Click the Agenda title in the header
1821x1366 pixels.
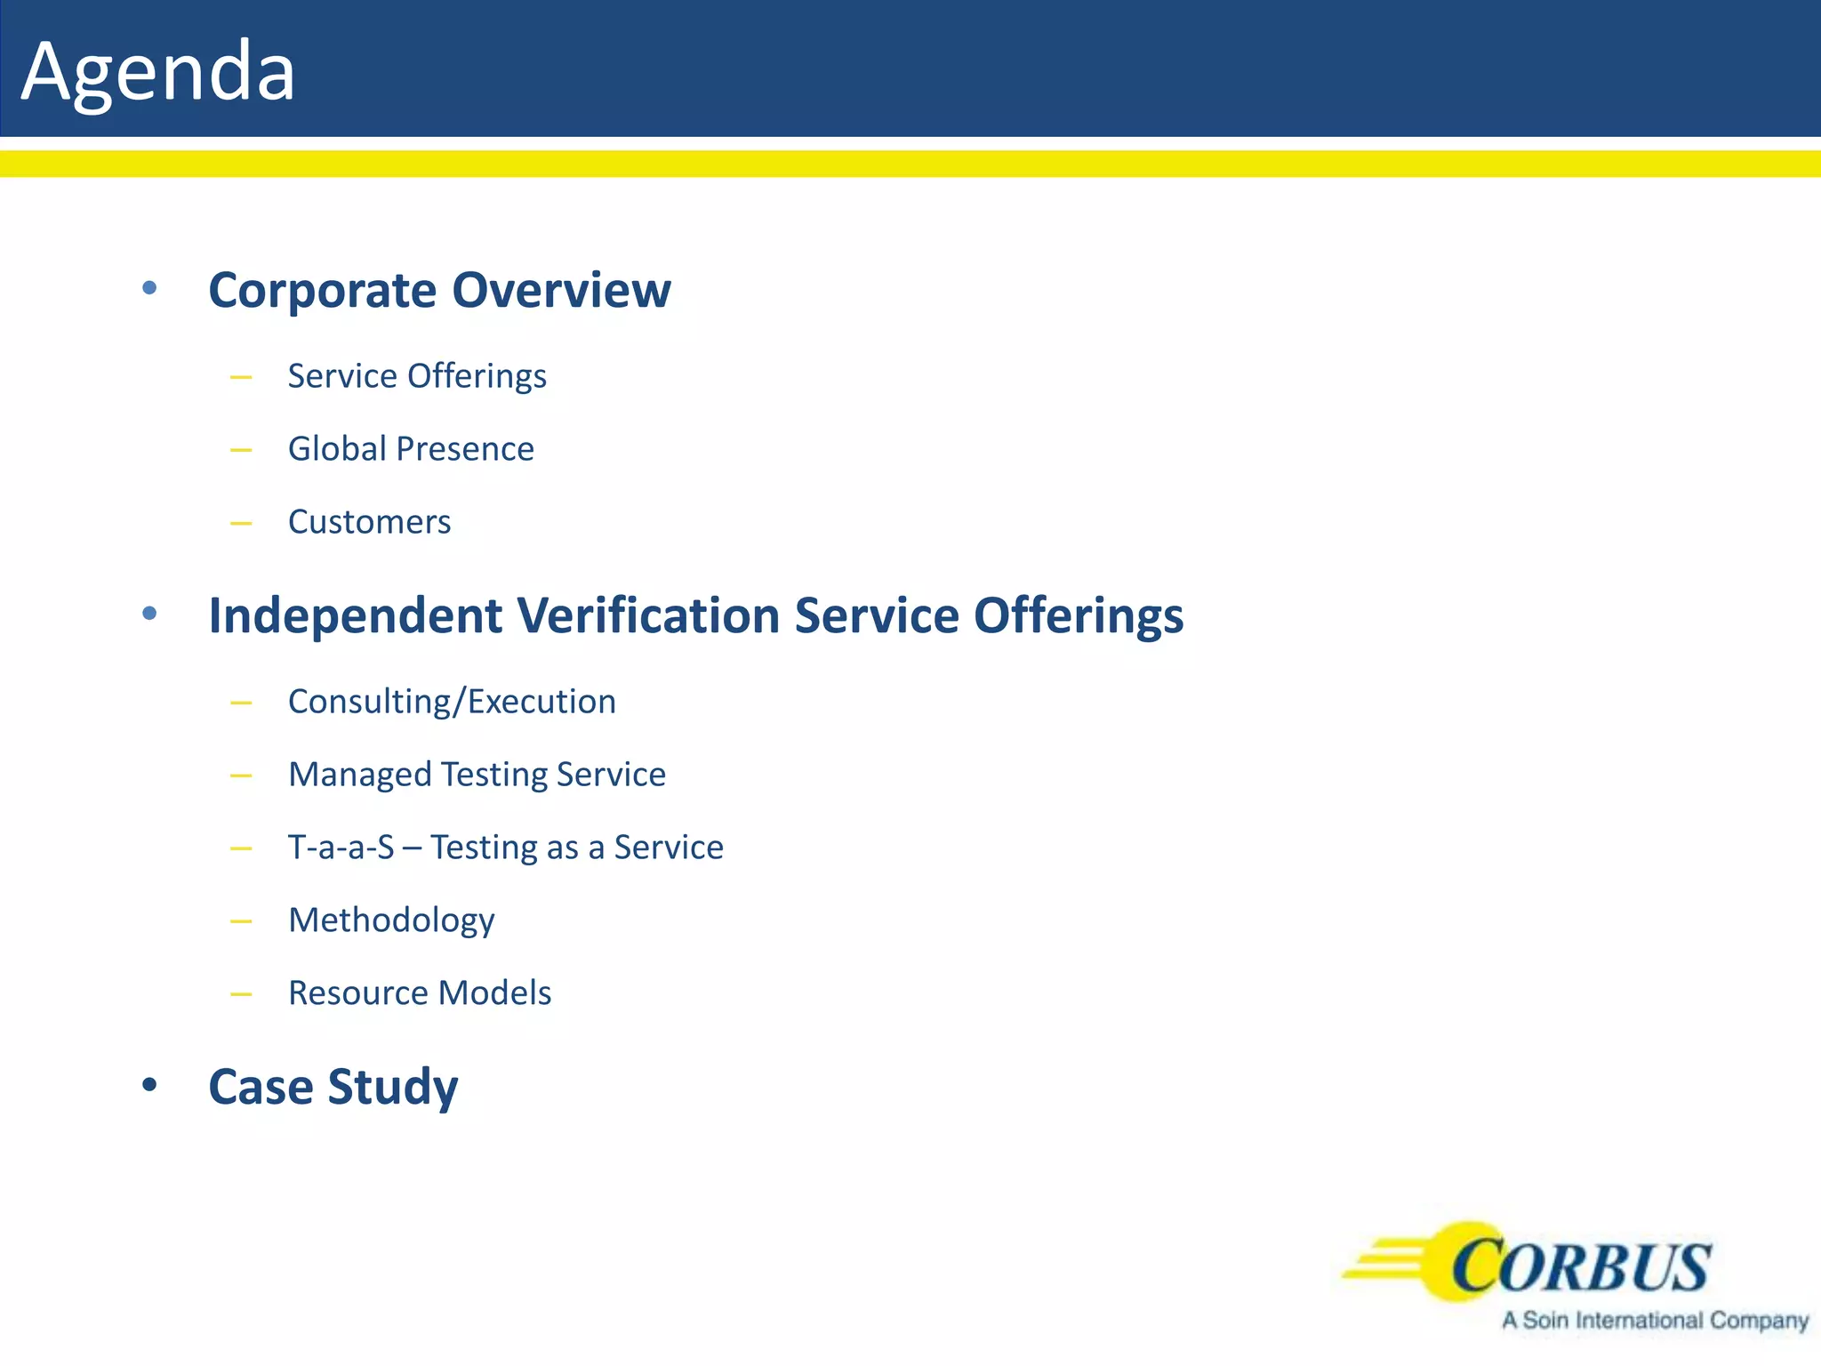coord(157,71)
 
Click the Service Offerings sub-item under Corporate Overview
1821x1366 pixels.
coord(417,376)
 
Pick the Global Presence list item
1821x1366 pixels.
coord(411,449)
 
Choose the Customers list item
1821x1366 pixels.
coord(369,522)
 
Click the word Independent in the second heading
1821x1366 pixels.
coord(356,615)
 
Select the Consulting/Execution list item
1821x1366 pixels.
coord(452,702)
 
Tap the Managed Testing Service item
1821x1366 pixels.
coord(477,775)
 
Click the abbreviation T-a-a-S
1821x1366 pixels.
coord(341,848)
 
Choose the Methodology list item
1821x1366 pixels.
coord(391,920)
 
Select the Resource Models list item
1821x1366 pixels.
coord(420,993)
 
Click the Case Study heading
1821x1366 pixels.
coord(333,1087)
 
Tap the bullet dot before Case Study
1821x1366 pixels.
coord(149,1085)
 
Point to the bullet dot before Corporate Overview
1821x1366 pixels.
coord(149,288)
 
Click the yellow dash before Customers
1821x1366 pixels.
coord(241,524)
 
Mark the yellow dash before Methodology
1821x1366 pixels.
coord(241,922)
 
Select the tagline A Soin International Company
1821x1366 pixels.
coord(1655,1321)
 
